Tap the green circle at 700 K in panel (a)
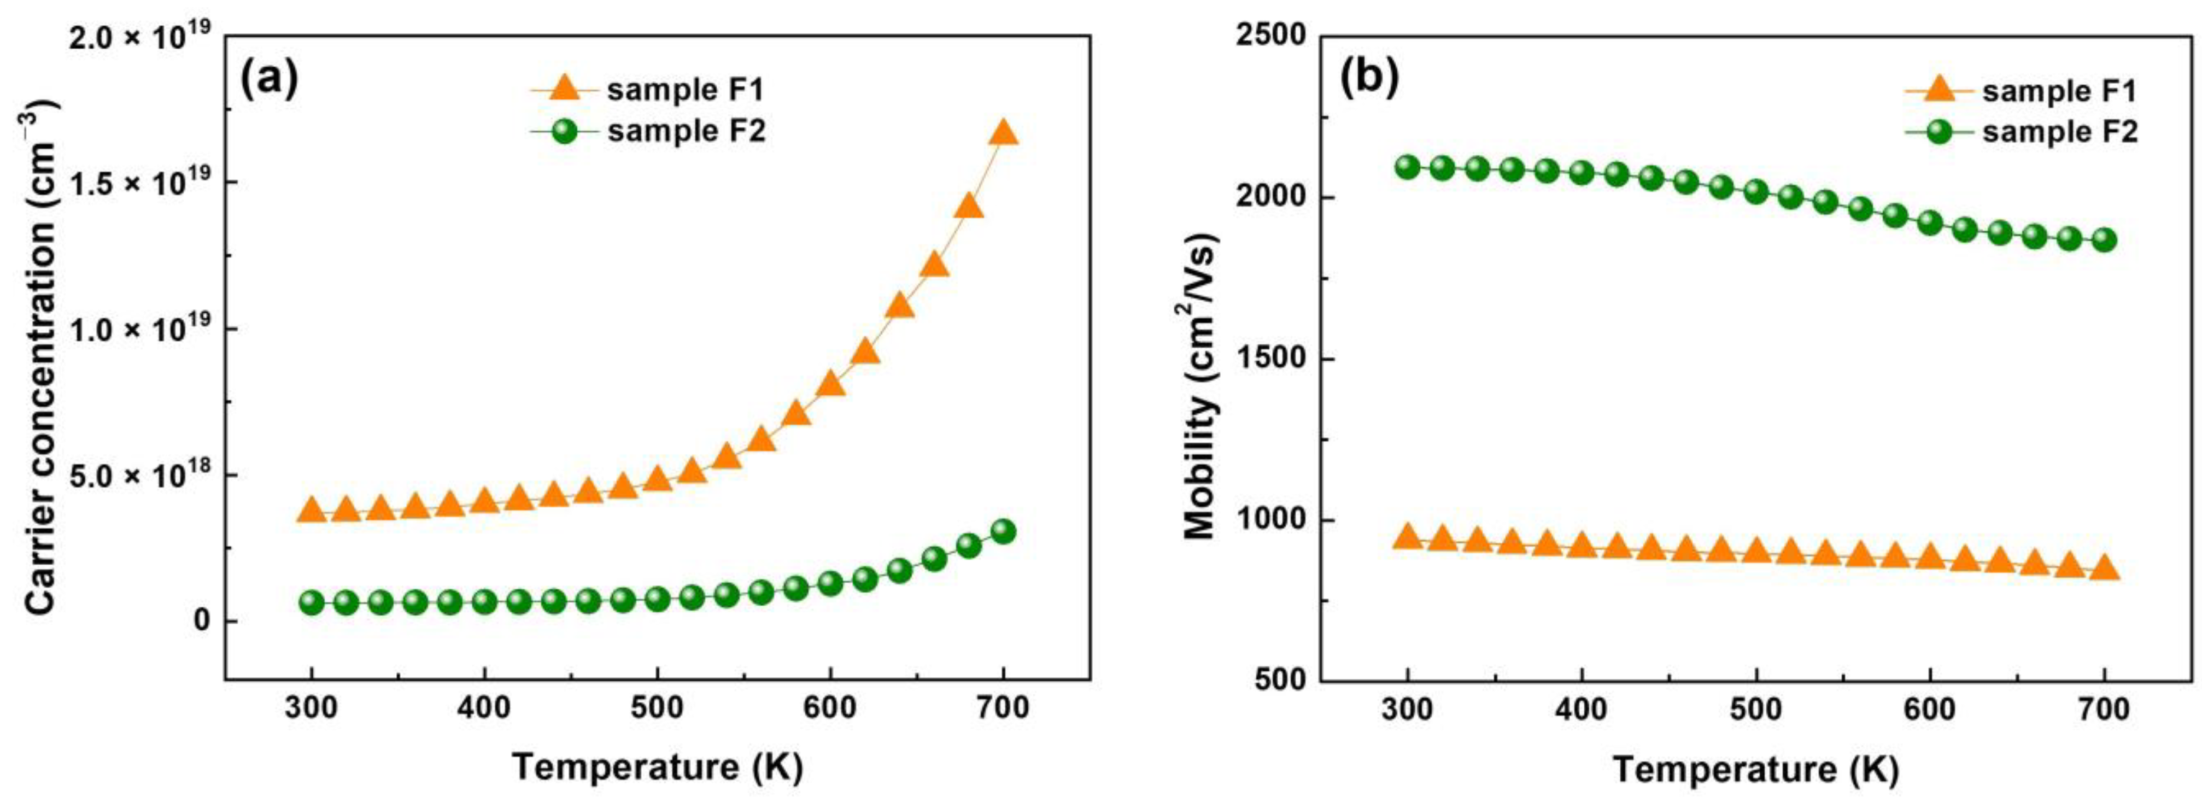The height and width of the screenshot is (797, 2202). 1004,531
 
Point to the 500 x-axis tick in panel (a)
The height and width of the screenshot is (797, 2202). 657,709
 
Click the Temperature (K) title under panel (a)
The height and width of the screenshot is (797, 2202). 657,766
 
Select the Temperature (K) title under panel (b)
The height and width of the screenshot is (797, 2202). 1756,769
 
